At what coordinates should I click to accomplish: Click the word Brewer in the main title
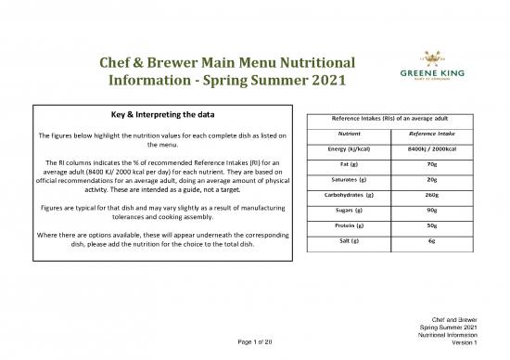tap(193, 63)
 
